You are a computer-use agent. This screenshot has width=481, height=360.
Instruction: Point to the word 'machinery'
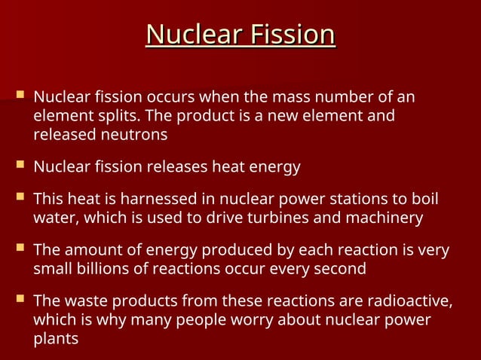pos(385,218)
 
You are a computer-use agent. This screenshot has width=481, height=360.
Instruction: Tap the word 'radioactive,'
pos(411,301)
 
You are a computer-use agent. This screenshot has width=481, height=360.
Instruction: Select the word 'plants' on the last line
pos(55,338)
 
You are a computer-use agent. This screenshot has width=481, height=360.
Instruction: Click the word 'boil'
pos(423,200)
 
